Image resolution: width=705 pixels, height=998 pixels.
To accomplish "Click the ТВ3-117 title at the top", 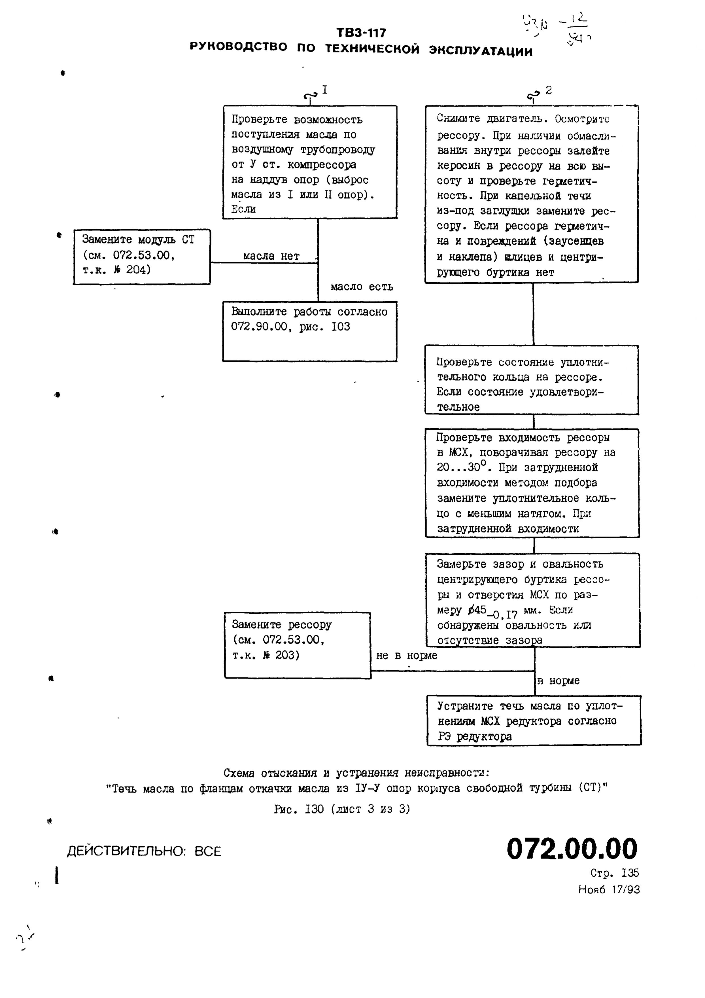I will point(361,33).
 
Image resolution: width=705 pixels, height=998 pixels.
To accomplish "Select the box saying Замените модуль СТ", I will point(142,257).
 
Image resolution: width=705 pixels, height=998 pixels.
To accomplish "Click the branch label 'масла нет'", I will point(271,257).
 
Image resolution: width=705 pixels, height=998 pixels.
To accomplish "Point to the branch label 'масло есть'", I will point(362,287).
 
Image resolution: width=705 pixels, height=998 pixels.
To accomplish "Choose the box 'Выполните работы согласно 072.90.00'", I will point(309,331).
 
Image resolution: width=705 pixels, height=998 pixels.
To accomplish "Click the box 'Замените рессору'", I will point(297,645).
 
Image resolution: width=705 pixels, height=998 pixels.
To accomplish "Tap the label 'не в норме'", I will point(406,656).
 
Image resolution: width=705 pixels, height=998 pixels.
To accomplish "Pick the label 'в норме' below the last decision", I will point(559,681).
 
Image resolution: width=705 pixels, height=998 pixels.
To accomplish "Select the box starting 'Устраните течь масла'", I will point(534,721).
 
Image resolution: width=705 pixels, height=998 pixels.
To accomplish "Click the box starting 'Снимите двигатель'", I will point(531,194).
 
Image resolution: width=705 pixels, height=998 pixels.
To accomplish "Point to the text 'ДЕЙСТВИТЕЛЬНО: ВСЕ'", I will point(144,851).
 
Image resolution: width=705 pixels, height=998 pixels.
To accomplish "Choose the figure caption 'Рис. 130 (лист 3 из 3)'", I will point(342,809).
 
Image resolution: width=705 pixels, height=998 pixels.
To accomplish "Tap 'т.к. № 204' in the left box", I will point(116,270).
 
